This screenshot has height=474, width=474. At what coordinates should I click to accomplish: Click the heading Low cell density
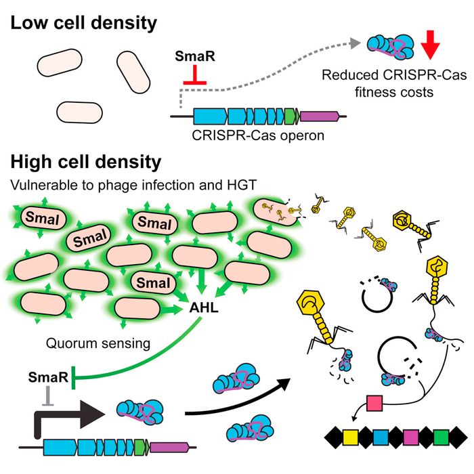tap(83, 22)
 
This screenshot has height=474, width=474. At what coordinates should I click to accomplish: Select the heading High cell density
tap(86, 163)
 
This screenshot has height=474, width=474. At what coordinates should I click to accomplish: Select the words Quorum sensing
tap(98, 343)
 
